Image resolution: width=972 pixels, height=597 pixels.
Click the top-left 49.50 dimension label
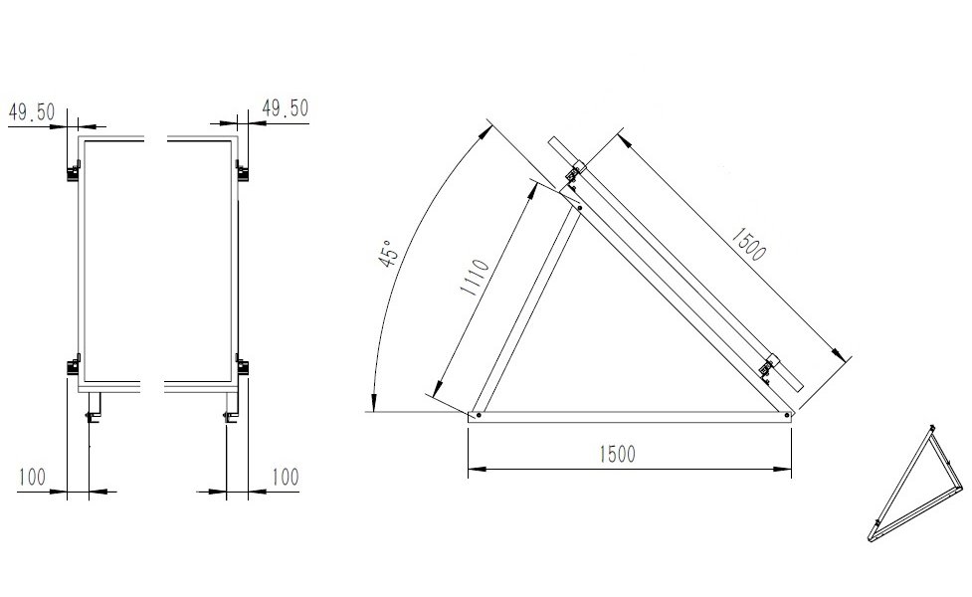32,112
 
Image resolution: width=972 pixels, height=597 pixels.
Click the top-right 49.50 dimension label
286,108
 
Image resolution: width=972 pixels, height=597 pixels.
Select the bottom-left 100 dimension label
32,478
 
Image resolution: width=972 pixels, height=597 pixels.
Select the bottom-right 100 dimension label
286,478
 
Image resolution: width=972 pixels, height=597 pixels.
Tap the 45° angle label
387,254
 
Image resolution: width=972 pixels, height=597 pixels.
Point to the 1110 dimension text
475,277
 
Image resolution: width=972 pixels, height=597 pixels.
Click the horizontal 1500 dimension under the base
618,455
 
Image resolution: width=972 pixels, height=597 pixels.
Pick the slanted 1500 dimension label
748,244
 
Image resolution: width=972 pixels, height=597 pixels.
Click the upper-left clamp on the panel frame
74,171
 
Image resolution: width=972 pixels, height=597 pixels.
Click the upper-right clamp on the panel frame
242,171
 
